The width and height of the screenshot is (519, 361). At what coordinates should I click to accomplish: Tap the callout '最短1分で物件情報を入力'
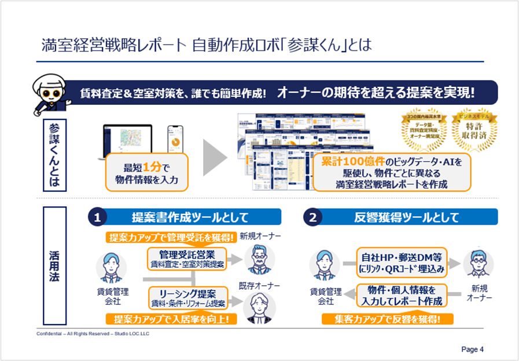146,172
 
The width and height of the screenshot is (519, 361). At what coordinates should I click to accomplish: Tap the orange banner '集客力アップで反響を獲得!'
387,319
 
